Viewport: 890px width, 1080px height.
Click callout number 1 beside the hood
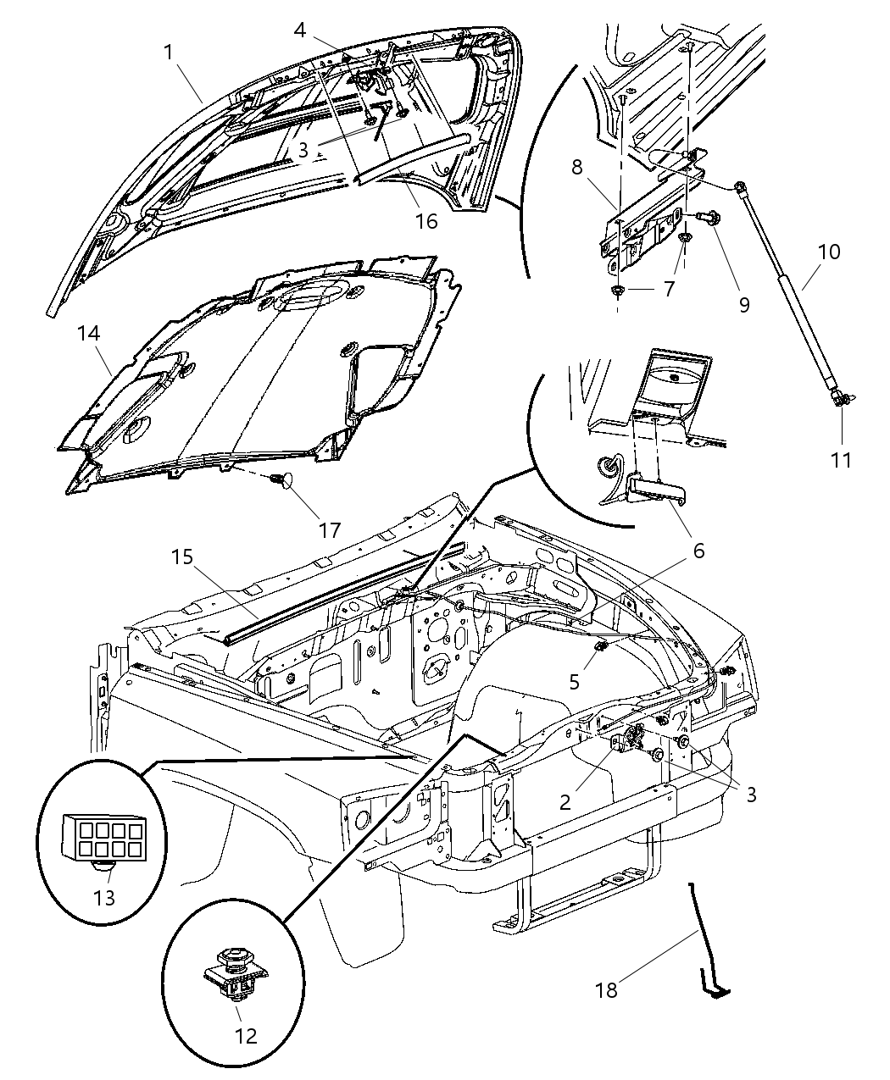169,53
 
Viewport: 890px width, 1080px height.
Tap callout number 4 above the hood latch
300,29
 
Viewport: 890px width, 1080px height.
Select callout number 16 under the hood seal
426,221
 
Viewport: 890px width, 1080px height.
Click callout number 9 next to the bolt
743,305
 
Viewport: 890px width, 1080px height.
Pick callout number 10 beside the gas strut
829,252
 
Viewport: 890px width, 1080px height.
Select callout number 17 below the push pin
329,530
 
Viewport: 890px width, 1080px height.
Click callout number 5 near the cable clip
574,681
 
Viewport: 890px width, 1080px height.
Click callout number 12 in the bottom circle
238,1035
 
